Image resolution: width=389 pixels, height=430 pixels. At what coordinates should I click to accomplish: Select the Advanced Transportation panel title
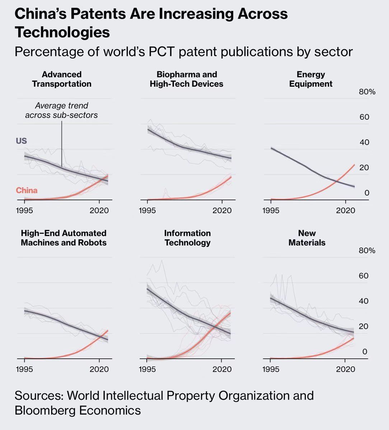tap(62, 79)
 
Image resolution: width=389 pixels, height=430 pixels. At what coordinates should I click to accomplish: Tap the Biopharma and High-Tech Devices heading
tap(187, 79)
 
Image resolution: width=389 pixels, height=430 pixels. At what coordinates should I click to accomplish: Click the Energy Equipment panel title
tap(311, 79)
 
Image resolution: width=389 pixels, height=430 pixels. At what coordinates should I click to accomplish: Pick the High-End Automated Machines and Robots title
tap(64, 238)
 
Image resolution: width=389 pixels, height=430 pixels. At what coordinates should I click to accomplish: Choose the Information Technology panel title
tap(187, 238)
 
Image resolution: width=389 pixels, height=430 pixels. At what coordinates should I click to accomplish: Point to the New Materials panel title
tap(307, 238)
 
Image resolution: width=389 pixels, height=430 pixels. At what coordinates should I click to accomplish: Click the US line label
tap(22, 141)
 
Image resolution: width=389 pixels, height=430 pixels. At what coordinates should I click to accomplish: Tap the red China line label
tap(27, 190)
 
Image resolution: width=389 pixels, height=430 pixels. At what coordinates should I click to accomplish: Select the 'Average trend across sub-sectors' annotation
tap(61, 110)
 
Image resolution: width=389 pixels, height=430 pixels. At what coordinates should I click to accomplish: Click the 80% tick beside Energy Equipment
tap(367, 92)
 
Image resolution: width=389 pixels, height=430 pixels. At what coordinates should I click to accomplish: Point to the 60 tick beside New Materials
tap(364, 276)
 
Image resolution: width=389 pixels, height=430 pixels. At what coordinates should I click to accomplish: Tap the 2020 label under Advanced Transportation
tap(99, 210)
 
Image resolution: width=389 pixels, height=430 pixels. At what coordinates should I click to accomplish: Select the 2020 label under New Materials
tap(345, 369)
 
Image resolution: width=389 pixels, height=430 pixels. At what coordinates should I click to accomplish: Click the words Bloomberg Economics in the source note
tap(78, 410)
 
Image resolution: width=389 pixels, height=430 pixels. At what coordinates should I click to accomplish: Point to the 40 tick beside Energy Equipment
tap(364, 143)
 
